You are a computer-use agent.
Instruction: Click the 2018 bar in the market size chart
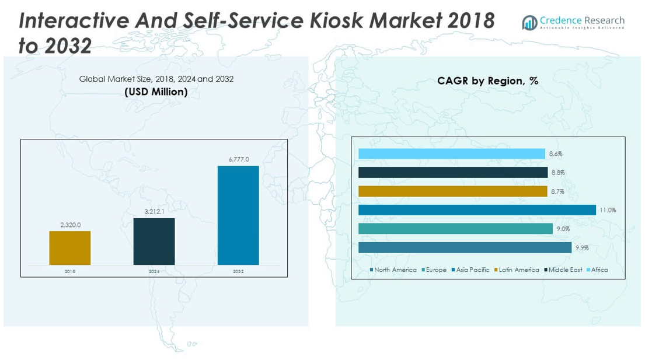(x=70, y=248)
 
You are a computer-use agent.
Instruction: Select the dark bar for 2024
(x=154, y=242)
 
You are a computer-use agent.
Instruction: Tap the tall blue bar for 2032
(x=238, y=215)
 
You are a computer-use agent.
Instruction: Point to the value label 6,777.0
(x=238, y=159)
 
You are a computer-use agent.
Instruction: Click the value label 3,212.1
(x=154, y=212)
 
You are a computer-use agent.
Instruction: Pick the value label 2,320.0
(x=70, y=225)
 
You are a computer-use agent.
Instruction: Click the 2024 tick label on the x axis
(x=154, y=272)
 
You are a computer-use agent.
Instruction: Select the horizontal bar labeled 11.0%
(x=477, y=210)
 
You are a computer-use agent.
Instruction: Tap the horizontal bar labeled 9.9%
(x=465, y=247)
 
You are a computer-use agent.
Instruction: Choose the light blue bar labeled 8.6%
(x=452, y=154)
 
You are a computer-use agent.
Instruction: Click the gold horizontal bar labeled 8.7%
(x=452, y=191)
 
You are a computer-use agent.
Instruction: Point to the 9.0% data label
(x=563, y=229)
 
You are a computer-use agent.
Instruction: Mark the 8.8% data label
(x=557, y=173)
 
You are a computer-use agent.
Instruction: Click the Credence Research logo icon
(x=529, y=23)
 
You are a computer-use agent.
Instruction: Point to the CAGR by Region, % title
(x=487, y=81)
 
